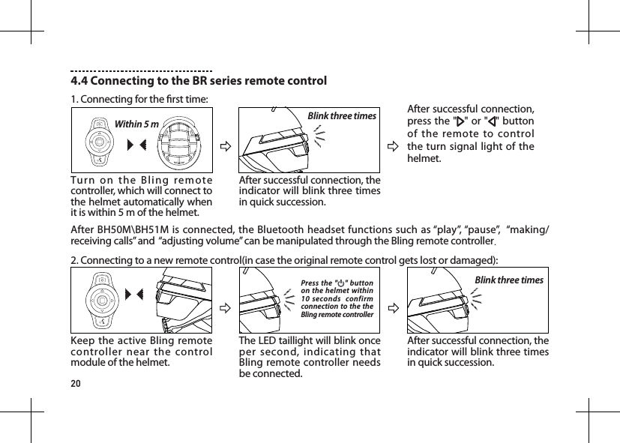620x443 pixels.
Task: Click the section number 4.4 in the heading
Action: pos(80,81)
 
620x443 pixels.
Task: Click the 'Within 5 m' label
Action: pos(136,124)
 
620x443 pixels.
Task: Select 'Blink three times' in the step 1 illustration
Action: pos(342,116)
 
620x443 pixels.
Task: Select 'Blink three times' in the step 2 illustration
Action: pos(510,280)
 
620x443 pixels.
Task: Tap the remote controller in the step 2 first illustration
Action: pos(98,300)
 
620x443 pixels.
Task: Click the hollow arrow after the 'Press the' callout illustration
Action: pos(392,306)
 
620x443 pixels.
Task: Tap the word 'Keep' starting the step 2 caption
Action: pos(84,342)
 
